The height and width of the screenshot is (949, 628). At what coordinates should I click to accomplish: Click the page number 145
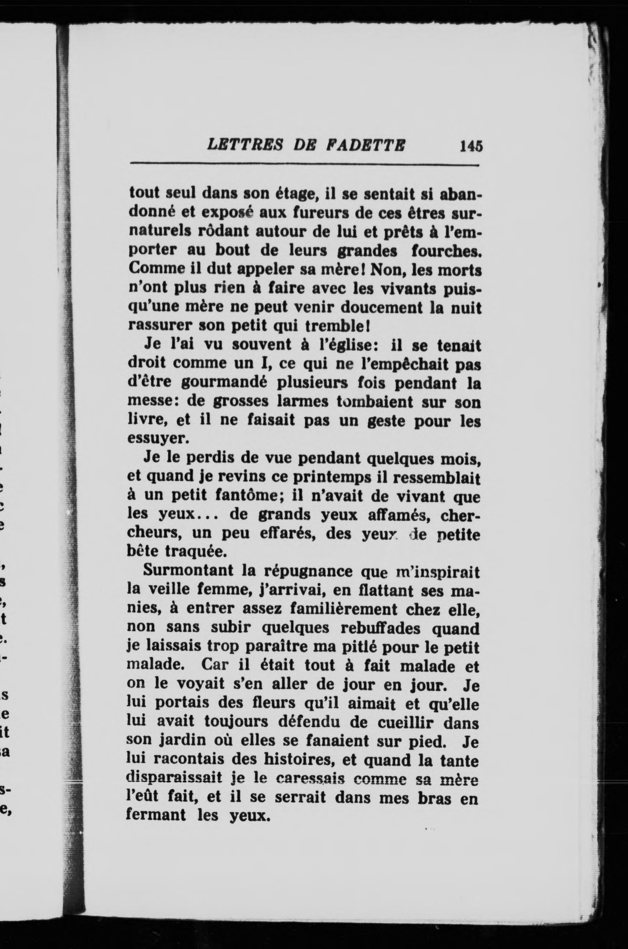coord(471,146)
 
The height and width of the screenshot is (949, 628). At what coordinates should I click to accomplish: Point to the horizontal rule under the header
coord(304,165)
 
